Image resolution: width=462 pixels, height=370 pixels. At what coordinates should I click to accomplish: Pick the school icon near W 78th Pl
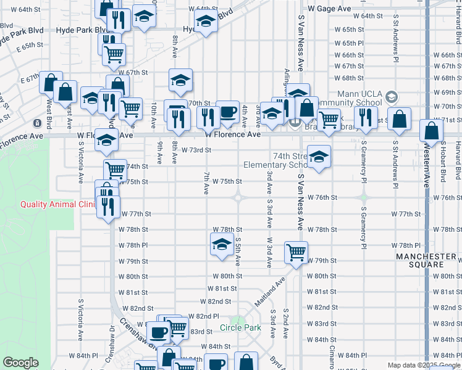[x=222, y=244]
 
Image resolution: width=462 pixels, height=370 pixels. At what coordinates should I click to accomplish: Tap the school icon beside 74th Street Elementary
[x=319, y=157]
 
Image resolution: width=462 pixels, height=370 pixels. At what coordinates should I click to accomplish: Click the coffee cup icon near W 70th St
[x=227, y=112]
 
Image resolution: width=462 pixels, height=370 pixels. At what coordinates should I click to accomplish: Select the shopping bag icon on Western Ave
[x=431, y=131]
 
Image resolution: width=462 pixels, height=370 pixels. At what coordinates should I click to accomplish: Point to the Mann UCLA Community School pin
[x=392, y=96]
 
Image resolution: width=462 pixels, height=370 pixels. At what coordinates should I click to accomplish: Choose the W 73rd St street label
[x=196, y=150]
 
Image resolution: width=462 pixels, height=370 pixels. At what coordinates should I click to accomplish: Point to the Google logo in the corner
[x=20, y=363]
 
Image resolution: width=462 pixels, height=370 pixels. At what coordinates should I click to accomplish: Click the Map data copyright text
[x=424, y=365]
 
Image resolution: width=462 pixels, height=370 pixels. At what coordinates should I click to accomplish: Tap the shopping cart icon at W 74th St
[x=115, y=169]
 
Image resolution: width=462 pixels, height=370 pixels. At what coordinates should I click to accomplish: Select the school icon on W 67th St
[x=180, y=80]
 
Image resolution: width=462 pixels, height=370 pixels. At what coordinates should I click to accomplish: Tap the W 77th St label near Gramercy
[x=406, y=214]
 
